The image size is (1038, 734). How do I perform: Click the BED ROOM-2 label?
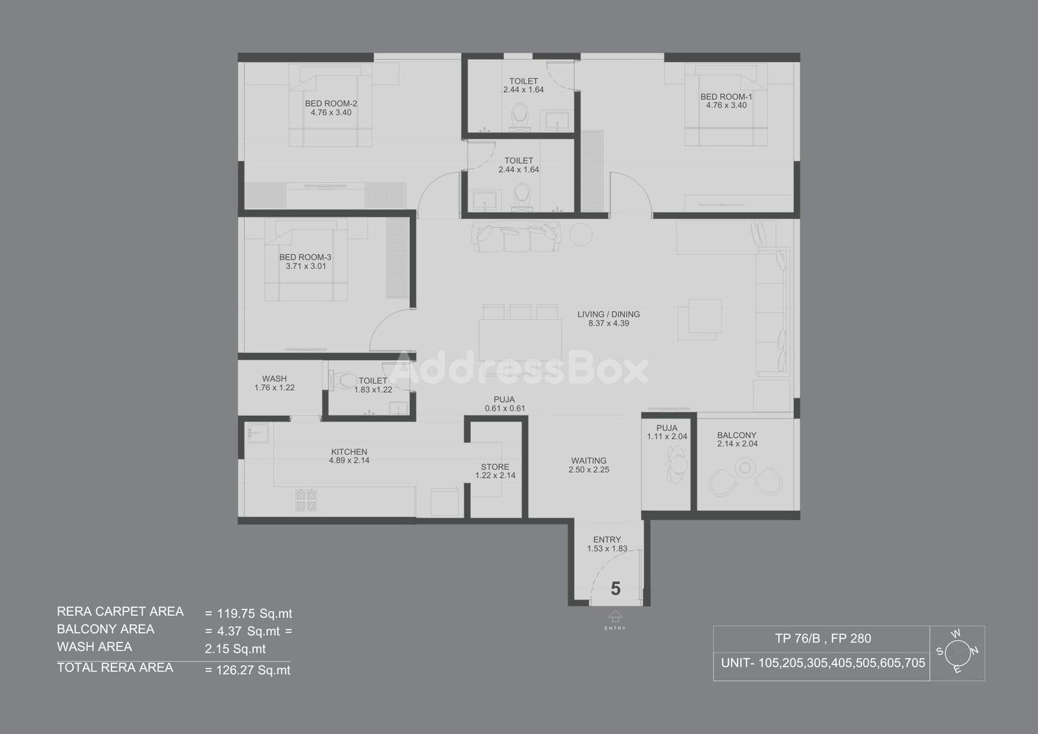(x=331, y=103)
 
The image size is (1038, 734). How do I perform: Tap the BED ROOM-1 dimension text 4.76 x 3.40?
(x=726, y=105)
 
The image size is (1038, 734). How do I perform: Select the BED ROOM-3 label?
(x=306, y=258)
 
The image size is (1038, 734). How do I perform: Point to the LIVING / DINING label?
(x=609, y=314)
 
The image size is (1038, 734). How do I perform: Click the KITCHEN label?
(x=349, y=452)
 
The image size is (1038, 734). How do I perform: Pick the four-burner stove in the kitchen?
(x=306, y=500)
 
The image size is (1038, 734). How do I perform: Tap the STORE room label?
(x=495, y=467)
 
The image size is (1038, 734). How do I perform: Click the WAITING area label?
(x=588, y=461)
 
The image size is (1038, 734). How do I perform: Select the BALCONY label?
(x=737, y=435)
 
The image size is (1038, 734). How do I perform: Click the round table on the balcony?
(x=745, y=467)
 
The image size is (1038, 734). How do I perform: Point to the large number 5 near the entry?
(x=616, y=589)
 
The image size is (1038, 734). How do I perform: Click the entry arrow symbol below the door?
(x=615, y=617)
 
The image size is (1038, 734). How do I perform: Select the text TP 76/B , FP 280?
(x=823, y=639)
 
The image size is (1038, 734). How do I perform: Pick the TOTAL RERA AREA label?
(x=115, y=668)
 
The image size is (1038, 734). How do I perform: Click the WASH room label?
(x=274, y=379)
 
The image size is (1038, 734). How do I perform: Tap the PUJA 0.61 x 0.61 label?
(x=505, y=404)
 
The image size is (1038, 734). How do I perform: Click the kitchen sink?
(x=258, y=433)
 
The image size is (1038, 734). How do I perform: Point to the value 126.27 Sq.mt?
(x=254, y=670)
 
